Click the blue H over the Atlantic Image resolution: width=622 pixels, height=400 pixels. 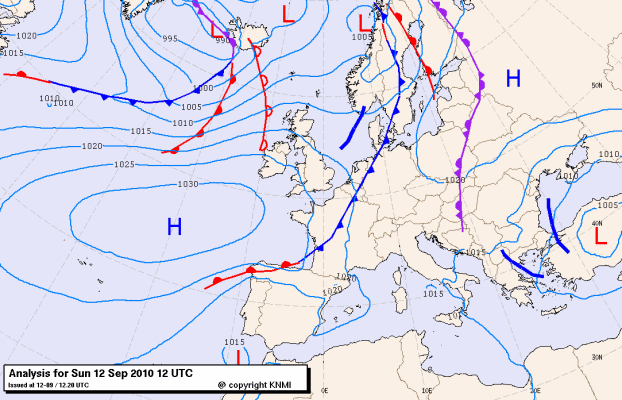pyautogui.click(x=174, y=228)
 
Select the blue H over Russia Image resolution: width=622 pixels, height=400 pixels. pyautogui.click(x=513, y=78)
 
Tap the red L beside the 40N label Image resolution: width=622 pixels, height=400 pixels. pyautogui.click(x=600, y=237)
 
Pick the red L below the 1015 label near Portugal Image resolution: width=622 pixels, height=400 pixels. pyautogui.click(x=238, y=357)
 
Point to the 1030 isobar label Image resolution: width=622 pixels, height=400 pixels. pyautogui.click(x=186, y=185)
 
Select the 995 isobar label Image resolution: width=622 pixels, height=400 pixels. pyautogui.click(x=170, y=39)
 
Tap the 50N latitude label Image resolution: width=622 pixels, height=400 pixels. pyautogui.click(x=597, y=87)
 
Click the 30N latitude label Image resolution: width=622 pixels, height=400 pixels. pyautogui.click(x=596, y=356)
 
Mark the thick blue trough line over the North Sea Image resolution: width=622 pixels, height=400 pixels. pyautogui.click(x=353, y=127)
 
